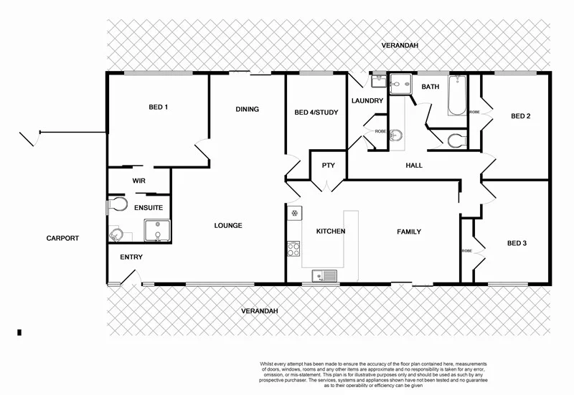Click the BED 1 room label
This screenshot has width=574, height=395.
click(x=158, y=108)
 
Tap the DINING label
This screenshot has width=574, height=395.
click(x=247, y=110)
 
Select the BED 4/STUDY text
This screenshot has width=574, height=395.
click(x=316, y=113)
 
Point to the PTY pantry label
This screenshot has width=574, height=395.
click(x=328, y=166)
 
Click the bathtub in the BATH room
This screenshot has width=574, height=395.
click(x=456, y=97)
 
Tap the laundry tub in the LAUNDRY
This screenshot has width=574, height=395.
click(x=378, y=85)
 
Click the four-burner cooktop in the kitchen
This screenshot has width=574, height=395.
click(x=293, y=249)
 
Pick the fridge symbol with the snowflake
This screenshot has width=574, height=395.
click(x=293, y=213)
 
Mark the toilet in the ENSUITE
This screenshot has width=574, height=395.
click(x=113, y=207)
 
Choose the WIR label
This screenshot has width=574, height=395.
click(x=138, y=181)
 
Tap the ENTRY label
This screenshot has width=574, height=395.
click(x=131, y=257)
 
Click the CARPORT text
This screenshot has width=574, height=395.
click(x=62, y=238)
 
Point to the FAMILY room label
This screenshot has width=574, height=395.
click(x=410, y=232)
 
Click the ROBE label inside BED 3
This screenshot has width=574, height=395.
click(x=466, y=251)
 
